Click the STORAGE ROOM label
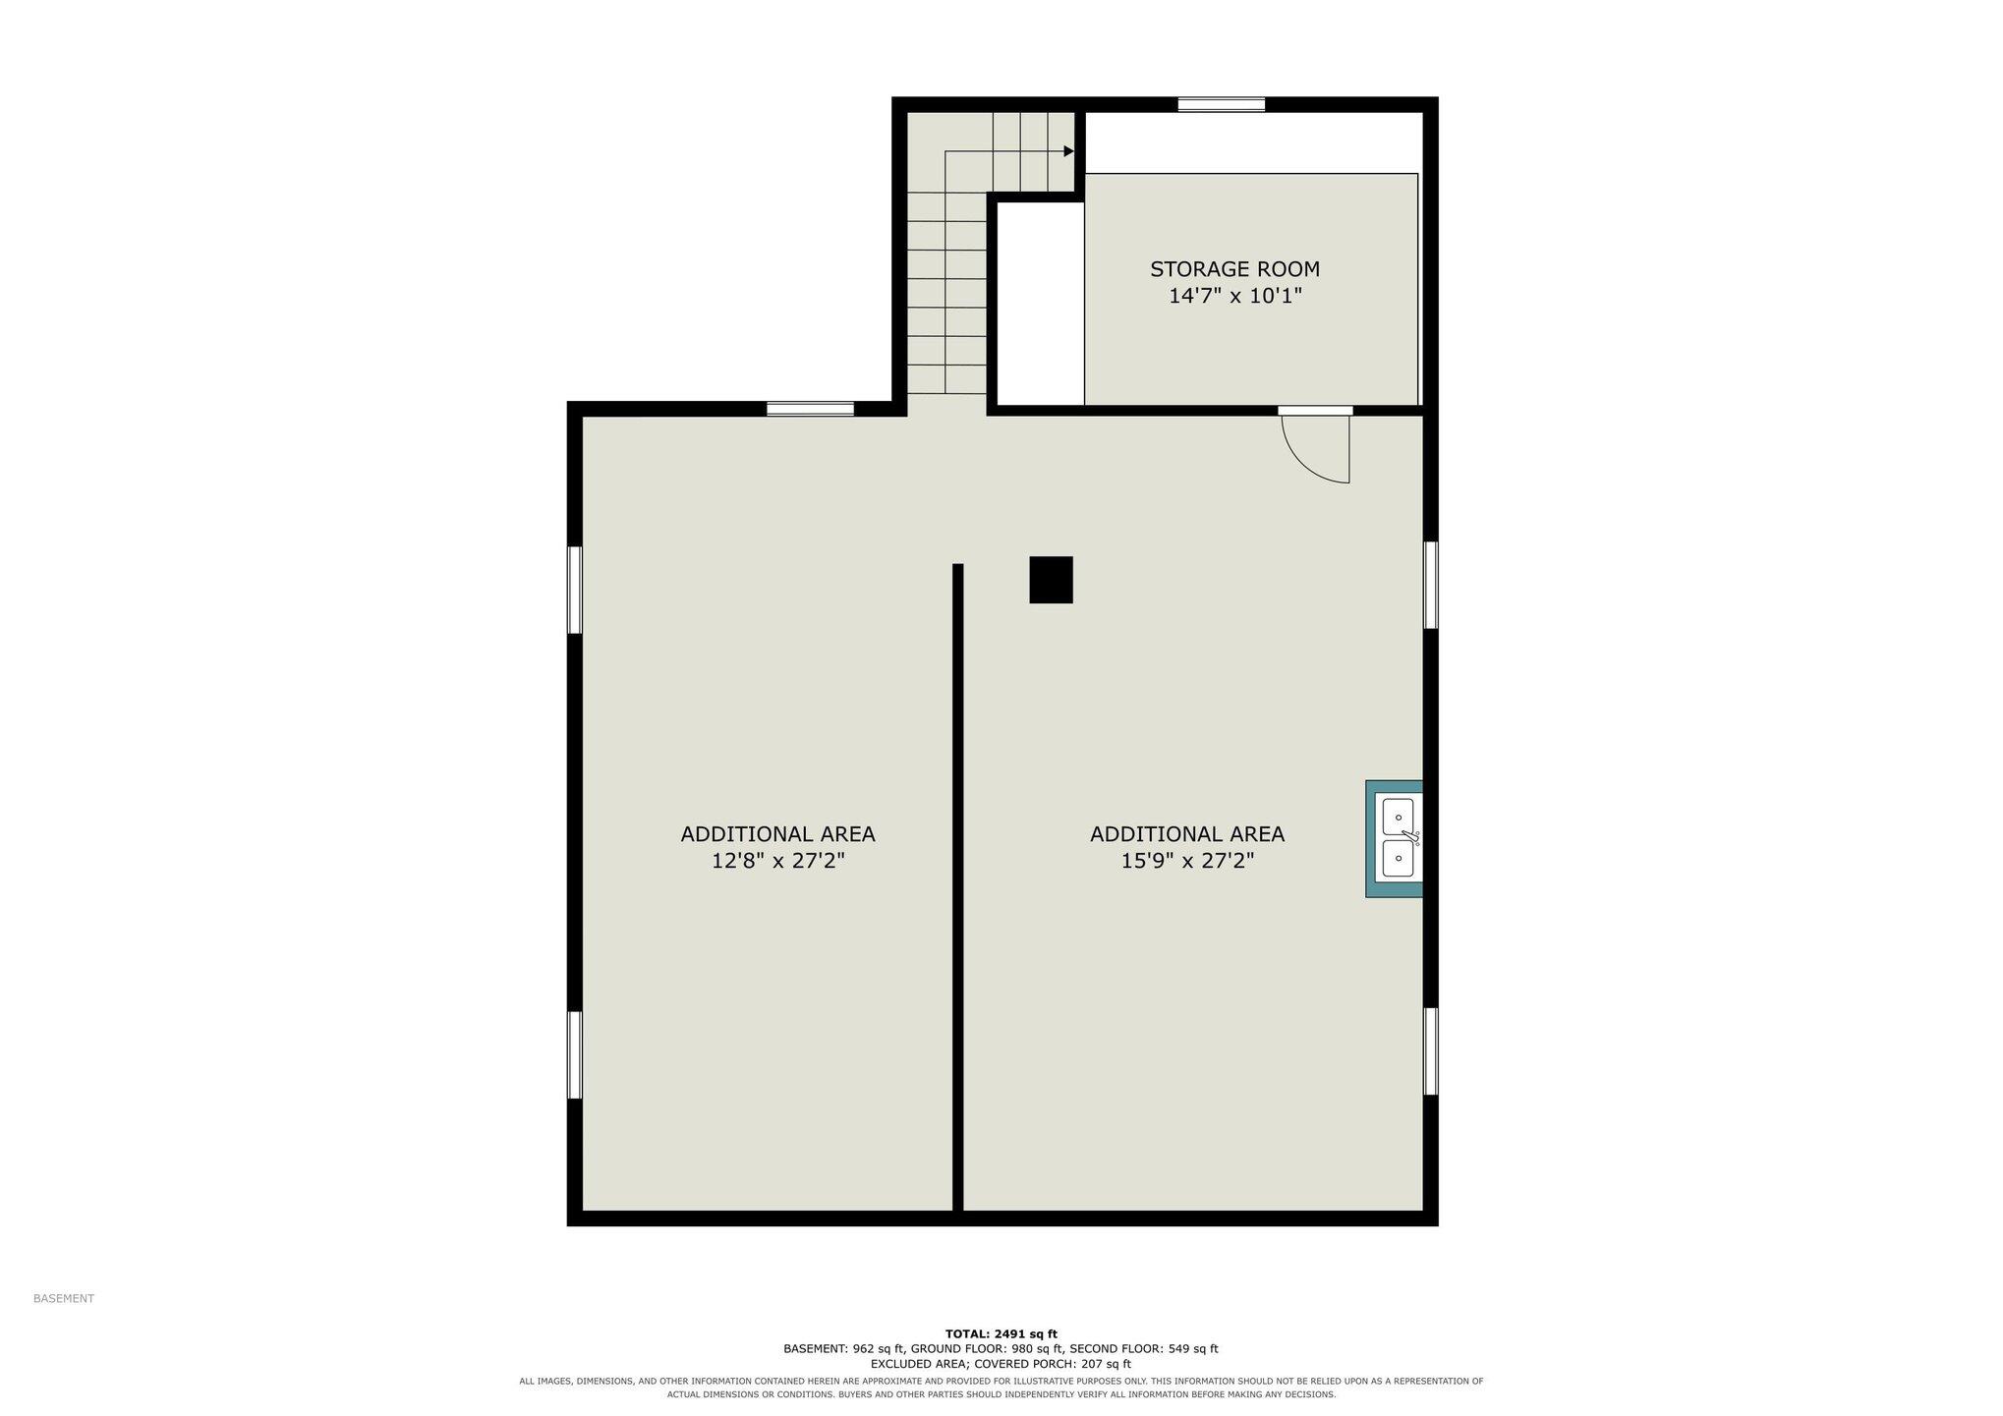pyautogui.click(x=1234, y=269)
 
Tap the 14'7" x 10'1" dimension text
pyautogui.click(x=1234, y=296)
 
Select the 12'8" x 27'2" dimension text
pyautogui.click(x=777, y=861)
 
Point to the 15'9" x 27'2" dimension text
pyautogui.click(x=1187, y=861)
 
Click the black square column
pyautogui.click(x=1051, y=580)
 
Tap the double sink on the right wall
pyautogui.click(x=1395, y=838)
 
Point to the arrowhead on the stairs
pyautogui.click(x=1068, y=151)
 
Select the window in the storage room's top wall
pyautogui.click(x=1222, y=104)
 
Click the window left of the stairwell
pyautogui.click(x=810, y=409)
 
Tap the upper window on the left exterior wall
pyautogui.click(x=575, y=590)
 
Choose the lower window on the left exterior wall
pyautogui.click(x=575, y=1054)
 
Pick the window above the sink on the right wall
pyautogui.click(x=1431, y=585)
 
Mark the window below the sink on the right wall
pyautogui.click(x=1431, y=1050)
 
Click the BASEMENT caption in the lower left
pyautogui.click(x=64, y=1298)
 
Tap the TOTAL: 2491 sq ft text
pyautogui.click(x=1001, y=1333)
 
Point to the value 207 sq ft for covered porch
pyautogui.click(x=1106, y=1364)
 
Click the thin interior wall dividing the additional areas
pyautogui.click(x=958, y=887)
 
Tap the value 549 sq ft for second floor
pyautogui.click(x=1193, y=1349)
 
